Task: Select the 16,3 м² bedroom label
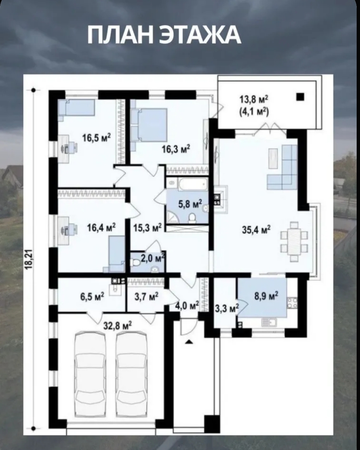point(176,149)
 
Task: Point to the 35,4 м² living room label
point(257,230)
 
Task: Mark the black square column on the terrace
point(300,97)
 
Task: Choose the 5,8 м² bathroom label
point(190,204)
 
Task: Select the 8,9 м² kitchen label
point(266,296)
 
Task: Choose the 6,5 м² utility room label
point(92,297)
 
